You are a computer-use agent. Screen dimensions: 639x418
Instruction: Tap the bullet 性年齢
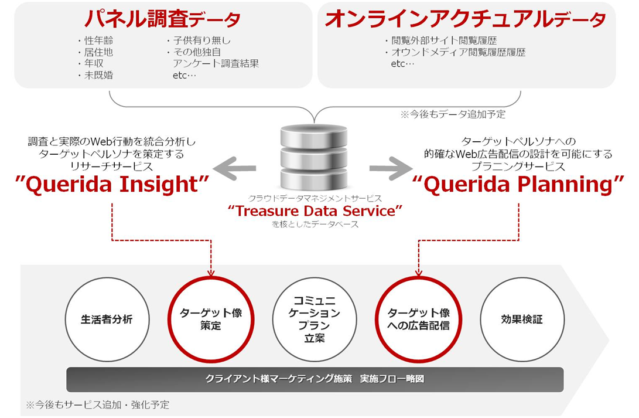pyautogui.click(x=96, y=40)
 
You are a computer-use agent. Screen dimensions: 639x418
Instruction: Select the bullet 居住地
pyautogui.click(x=96, y=52)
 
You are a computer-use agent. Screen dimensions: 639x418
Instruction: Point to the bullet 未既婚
pyautogui.click(x=96, y=76)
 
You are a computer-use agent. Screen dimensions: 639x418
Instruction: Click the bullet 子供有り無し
pyautogui.click(x=199, y=40)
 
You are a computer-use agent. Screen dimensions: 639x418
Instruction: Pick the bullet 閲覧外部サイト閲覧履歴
pyautogui.click(x=441, y=40)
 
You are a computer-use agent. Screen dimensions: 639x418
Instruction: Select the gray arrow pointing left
pyautogui.click(x=234, y=168)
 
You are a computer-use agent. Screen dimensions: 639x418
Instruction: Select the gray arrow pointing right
pyautogui.click(x=391, y=168)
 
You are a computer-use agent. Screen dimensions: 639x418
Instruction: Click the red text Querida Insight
pyautogui.click(x=112, y=184)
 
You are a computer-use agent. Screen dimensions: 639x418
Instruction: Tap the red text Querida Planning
pyautogui.click(x=518, y=184)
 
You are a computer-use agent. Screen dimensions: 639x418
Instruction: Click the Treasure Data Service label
pyautogui.click(x=315, y=211)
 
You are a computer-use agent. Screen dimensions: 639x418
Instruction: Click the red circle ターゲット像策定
pyautogui.click(x=211, y=277)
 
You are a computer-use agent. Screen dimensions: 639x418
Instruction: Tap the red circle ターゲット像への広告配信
pyautogui.click(x=419, y=277)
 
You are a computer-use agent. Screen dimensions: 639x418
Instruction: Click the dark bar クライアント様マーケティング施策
pyautogui.click(x=315, y=379)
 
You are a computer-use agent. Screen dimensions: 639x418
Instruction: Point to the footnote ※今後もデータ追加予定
pyautogui.click(x=453, y=114)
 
